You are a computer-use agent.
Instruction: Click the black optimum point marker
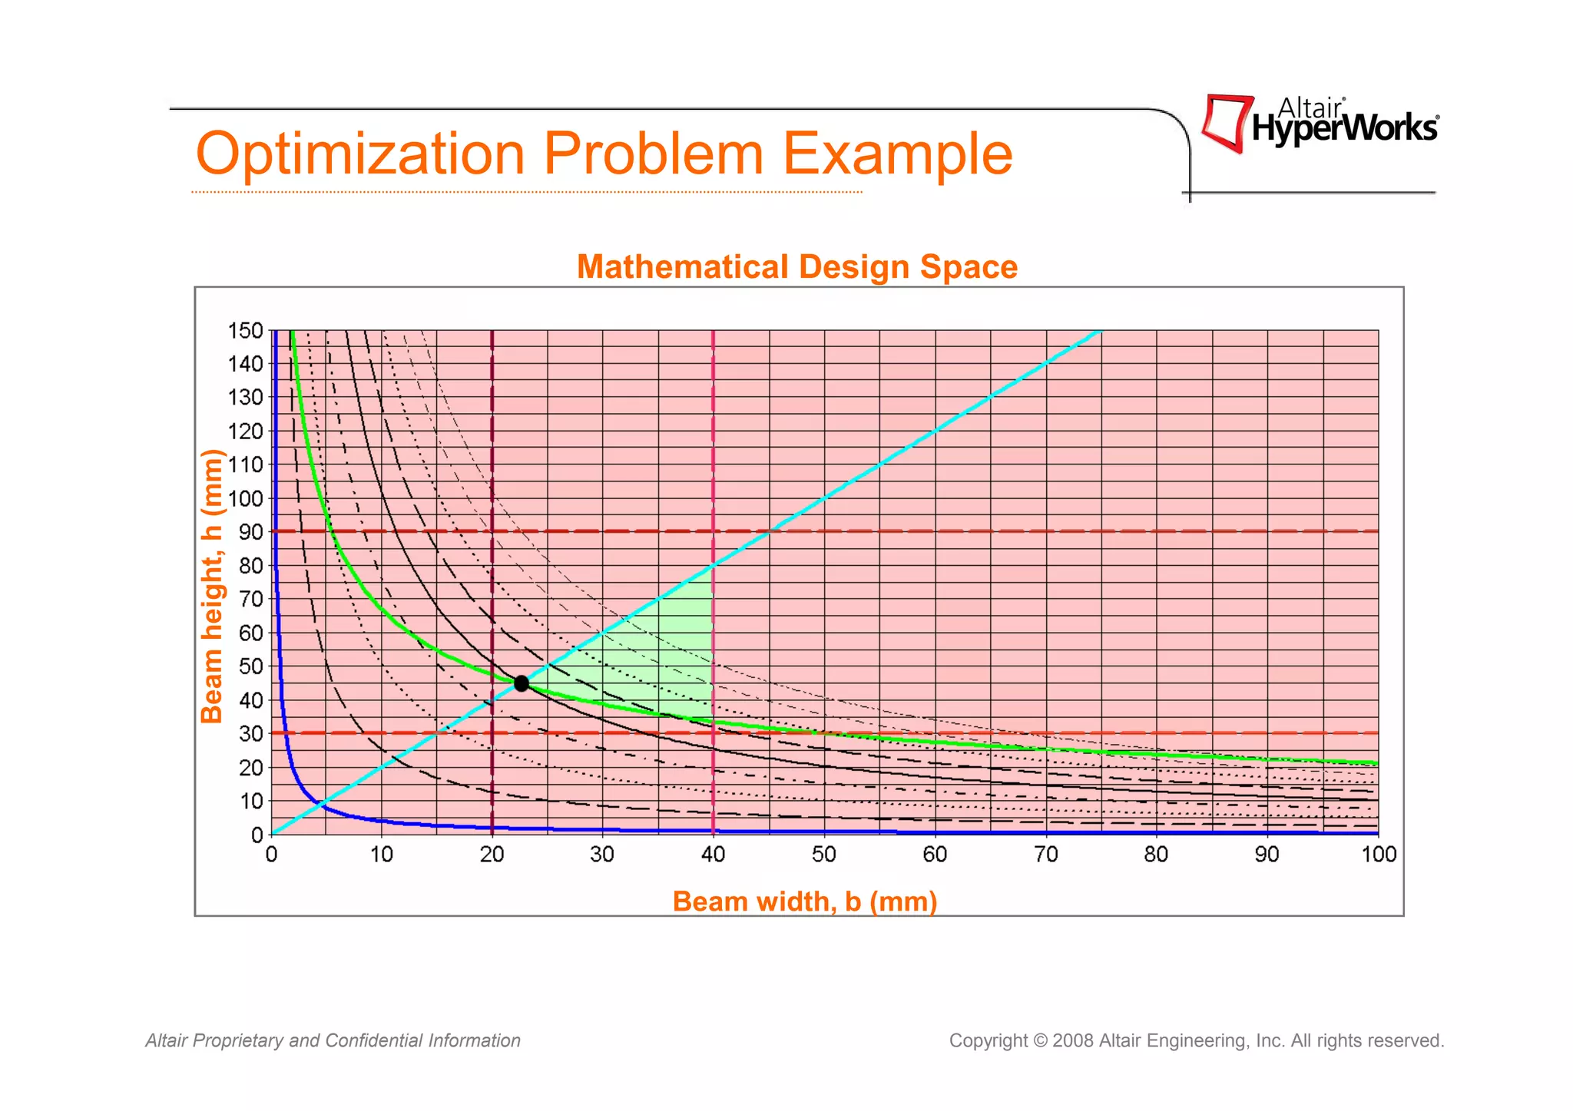522,683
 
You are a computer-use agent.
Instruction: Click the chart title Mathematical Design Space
796,267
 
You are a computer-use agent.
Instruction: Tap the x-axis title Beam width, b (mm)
804,901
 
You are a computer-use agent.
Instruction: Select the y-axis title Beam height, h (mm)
211,586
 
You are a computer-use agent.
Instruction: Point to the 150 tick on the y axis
245,331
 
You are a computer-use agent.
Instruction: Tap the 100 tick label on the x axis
1379,855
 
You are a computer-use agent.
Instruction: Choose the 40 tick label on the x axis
714,855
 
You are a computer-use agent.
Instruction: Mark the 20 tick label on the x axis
492,855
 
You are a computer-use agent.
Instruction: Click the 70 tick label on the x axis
1045,855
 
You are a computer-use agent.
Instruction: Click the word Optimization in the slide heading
360,154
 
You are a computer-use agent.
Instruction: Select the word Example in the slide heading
897,154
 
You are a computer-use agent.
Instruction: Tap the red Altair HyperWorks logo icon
1227,123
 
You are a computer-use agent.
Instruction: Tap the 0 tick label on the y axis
257,835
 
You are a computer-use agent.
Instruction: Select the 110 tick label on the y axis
245,465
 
